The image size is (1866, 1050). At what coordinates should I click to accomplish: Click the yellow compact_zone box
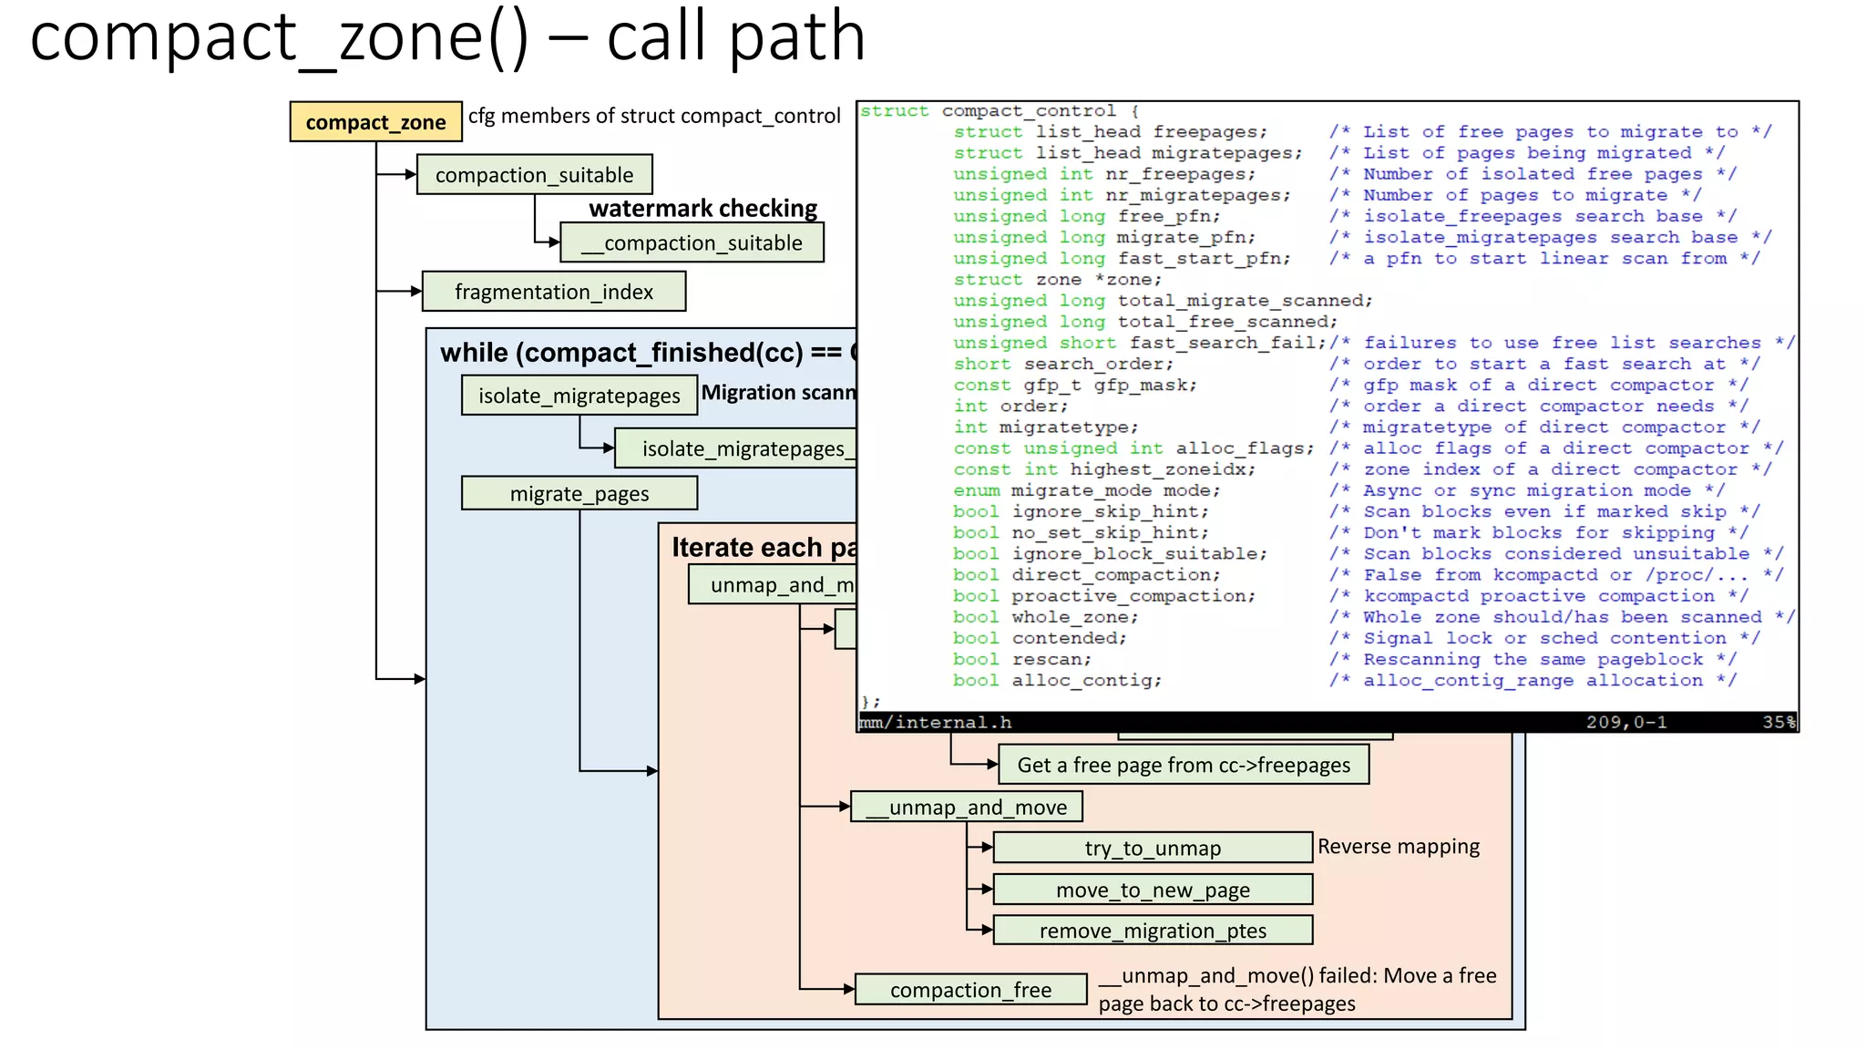[375, 122]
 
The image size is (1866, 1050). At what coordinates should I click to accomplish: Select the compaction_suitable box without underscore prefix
[534, 175]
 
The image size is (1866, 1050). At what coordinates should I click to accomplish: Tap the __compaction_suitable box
[692, 243]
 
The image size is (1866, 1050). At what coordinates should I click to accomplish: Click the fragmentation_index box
[553, 292]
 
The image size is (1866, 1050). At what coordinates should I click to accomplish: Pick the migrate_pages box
[579, 494]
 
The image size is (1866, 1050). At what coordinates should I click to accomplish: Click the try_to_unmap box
[1152, 849]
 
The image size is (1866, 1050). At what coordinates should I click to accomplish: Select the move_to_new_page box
[1152, 890]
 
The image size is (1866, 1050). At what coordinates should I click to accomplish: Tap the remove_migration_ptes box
[1152, 931]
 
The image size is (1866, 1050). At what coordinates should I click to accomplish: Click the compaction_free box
[970, 990]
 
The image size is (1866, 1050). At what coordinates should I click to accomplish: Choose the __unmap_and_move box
[966, 808]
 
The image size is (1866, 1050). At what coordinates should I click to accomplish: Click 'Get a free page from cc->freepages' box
[1184, 766]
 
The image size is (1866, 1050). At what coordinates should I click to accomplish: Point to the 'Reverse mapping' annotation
[1398, 847]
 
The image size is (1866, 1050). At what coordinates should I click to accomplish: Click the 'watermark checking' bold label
[702, 209]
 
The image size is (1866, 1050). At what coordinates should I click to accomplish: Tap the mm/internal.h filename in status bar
[937, 723]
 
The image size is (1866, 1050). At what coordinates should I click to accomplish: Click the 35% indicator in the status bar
[1778, 723]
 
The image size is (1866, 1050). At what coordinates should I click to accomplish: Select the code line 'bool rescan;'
[1021, 660]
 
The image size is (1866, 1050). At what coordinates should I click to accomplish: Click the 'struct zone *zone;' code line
[1058, 280]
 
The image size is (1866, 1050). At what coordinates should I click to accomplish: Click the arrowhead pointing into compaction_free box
[849, 989]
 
